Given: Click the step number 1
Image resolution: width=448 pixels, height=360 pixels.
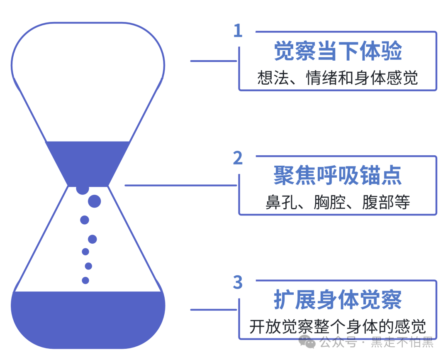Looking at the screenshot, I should (x=237, y=31).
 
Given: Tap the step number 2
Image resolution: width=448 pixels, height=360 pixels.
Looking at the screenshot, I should (x=238, y=158).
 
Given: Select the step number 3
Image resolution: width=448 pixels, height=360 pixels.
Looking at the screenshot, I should (x=238, y=282).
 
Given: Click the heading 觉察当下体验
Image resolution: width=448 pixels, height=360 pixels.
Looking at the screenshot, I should (x=338, y=51).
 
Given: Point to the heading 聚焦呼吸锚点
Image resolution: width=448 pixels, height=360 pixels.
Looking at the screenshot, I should (x=338, y=176).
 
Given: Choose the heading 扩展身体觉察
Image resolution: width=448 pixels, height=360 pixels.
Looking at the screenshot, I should (x=338, y=300).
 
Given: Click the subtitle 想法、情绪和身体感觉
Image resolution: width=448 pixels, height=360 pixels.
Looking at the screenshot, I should (x=338, y=78).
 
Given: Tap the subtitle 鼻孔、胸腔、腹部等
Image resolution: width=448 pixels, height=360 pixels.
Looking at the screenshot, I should (x=338, y=202).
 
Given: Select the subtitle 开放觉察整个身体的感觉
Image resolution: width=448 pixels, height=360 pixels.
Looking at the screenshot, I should (x=338, y=327).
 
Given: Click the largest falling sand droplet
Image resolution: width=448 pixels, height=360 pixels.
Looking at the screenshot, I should (x=95, y=201).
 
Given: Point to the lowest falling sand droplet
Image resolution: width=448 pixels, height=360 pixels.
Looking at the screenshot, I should (x=85, y=280).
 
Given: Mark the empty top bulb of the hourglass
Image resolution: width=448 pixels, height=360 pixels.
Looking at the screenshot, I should (x=88, y=75).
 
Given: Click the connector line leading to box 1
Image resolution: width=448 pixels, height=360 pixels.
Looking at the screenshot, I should (x=214, y=61).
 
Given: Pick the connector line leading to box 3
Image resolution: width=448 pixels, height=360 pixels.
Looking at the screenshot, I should (x=214, y=309).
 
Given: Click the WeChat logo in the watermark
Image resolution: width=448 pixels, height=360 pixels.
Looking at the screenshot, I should (x=307, y=342).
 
